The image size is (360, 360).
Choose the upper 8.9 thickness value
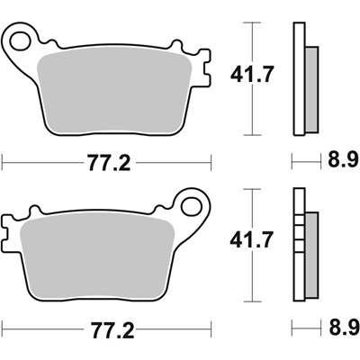tap(338, 163)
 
